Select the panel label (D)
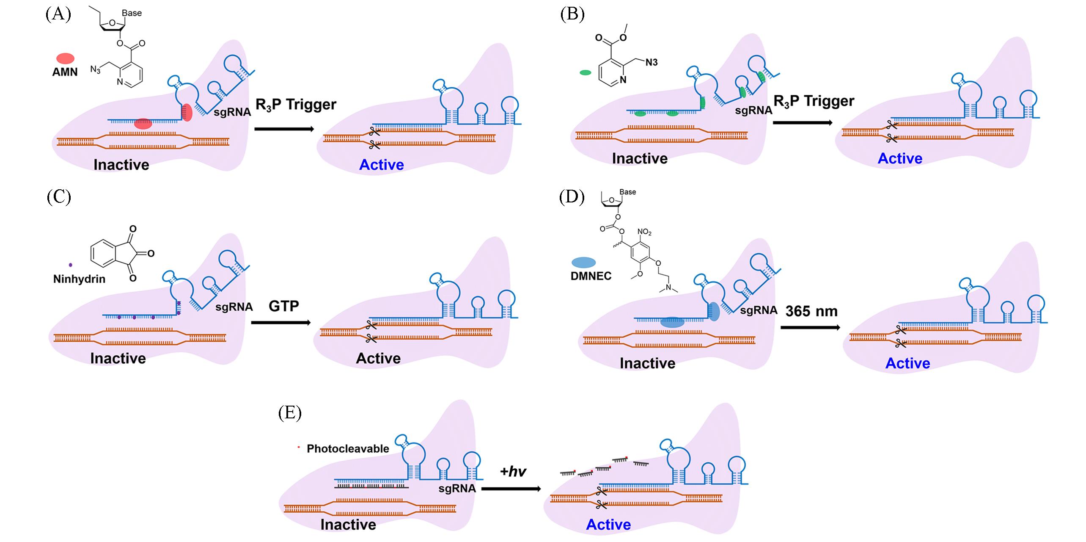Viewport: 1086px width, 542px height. [x=572, y=197]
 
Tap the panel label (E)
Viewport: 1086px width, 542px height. [x=290, y=413]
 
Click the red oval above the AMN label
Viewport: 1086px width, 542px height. [x=65, y=58]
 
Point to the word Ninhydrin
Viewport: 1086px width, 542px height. [x=79, y=279]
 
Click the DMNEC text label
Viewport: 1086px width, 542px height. [x=591, y=276]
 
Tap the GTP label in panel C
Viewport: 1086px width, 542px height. [x=283, y=306]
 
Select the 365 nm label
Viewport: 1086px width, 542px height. [x=811, y=311]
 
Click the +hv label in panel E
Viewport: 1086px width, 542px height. [x=512, y=471]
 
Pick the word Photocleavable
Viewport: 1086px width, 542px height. [x=348, y=449]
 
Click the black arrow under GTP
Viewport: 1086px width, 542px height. [x=281, y=323]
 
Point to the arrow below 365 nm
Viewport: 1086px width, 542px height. [x=810, y=327]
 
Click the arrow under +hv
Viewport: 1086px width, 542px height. [x=511, y=489]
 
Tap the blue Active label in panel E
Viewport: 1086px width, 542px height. [x=608, y=525]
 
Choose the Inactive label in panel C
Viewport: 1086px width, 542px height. [x=118, y=358]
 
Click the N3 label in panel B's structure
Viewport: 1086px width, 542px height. [x=652, y=63]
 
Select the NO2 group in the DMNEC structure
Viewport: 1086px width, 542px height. [x=644, y=232]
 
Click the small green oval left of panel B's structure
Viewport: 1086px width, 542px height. [x=585, y=72]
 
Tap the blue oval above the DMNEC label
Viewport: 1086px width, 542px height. [x=583, y=263]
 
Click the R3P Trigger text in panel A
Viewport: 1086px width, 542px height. [x=296, y=105]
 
